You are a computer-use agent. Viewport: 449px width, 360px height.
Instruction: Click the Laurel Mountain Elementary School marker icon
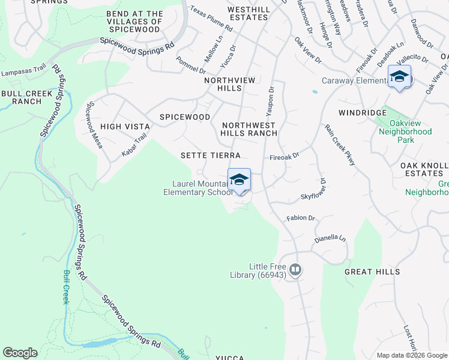click(x=239, y=180)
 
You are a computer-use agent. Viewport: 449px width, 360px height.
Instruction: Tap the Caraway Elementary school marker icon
click(x=399, y=77)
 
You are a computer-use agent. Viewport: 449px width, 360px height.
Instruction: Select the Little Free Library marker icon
click(x=295, y=271)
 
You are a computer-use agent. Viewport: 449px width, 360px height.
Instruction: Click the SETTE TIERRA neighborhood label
click(x=211, y=155)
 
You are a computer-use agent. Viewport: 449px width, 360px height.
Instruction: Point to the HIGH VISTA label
click(x=123, y=126)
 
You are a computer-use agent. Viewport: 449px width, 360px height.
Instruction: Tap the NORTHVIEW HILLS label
click(x=230, y=84)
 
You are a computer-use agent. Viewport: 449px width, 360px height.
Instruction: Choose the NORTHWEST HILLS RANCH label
click(x=249, y=129)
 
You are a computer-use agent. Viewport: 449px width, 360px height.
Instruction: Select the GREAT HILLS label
click(x=372, y=272)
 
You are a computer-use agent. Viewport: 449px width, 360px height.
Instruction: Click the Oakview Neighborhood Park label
click(x=406, y=136)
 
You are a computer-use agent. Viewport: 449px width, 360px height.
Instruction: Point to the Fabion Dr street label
click(x=301, y=218)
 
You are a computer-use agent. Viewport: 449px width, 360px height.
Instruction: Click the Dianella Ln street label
click(x=330, y=238)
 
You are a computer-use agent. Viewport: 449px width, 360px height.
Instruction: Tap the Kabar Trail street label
click(x=134, y=145)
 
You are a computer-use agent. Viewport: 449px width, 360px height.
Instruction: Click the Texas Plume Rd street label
click(x=211, y=19)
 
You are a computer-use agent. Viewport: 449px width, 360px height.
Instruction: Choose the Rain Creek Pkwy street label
click(x=340, y=144)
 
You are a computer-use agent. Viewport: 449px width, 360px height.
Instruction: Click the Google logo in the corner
click(x=20, y=353)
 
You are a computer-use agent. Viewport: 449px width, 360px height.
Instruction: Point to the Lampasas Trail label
click(x=23, y=72)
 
